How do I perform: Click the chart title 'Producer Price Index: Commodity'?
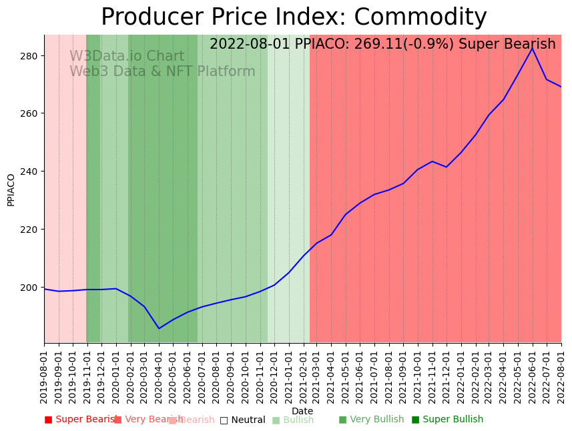(x=294, y=17)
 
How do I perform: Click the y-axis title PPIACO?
(x=11, y=189)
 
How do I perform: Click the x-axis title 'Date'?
(x=302, y=412)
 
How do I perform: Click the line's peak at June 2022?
(x=532, y=48)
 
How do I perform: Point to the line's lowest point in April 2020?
(x=159, y=328)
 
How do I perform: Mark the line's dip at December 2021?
(x=446, y=167)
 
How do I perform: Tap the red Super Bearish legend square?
(x=48, y=420)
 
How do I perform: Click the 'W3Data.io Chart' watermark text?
(x=127, y=57)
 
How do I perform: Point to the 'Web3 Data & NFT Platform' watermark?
(x=162, y=72)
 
